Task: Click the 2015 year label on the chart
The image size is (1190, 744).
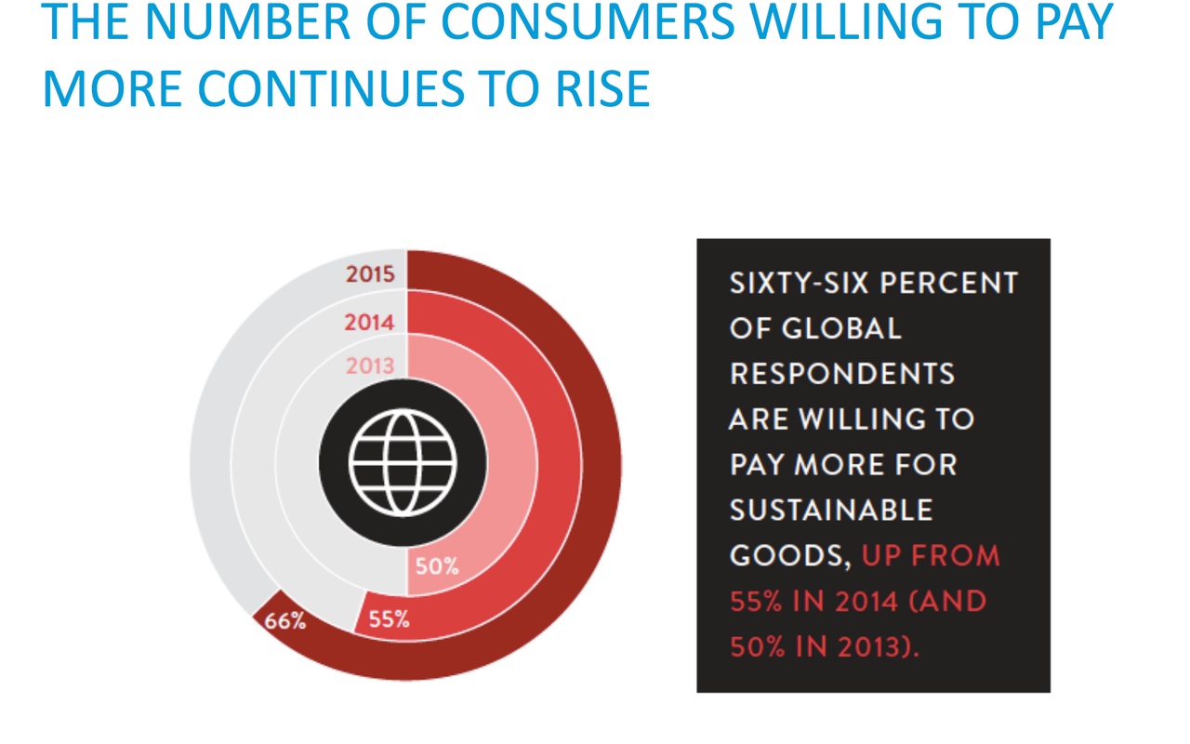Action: [370, 274]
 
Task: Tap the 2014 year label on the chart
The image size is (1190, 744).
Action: [369, 323]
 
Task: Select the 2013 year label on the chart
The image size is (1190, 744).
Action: [370, 366]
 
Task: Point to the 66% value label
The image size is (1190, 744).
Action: [285, 621]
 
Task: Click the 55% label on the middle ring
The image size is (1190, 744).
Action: [389, 619]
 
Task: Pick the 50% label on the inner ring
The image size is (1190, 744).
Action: [437, 566]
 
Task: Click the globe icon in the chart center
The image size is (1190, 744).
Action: [403, 463]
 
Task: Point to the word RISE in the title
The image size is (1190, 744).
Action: [603, 88]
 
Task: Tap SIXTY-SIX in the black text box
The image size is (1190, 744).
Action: [799, 283]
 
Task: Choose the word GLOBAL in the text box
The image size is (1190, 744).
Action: [841, 328]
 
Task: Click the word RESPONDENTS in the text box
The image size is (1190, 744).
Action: [842, 374]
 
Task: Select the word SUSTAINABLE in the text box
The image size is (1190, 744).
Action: [831, 511]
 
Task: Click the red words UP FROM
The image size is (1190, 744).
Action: [931, 556]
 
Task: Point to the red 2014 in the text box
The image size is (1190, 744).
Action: [866, 601]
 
